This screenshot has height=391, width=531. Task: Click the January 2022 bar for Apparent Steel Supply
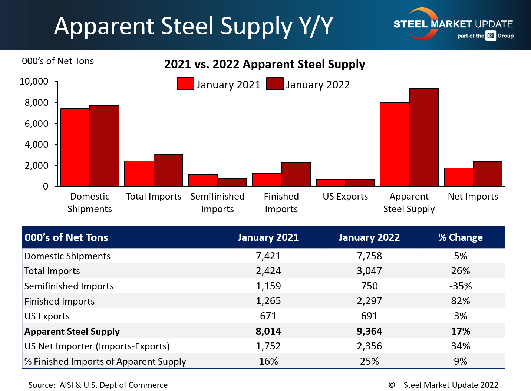pyautogui.click(x=424, y=137)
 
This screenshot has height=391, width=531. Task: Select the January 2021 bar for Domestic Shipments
pyautogui.click(x=75, y=147)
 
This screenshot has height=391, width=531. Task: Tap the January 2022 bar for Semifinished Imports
pyautogui.click(x=232, y=183)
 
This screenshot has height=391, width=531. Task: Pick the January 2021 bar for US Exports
pyautogui.click(x=330, y=183)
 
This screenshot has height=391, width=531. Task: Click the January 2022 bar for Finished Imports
pyautogui.click(x=296, y=174)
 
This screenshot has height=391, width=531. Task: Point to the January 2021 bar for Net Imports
pyautogui.click(x=458, y=177)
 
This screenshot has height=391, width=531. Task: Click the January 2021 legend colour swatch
pyautogui.click(x=185, y=84)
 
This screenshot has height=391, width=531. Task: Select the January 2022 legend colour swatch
pyautogui.click(x=275, y=84)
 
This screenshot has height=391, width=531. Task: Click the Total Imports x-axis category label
pyautogui.click(x=154, y=197)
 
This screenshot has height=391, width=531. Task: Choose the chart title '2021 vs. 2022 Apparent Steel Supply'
pyautogui.click(x=265, y=64)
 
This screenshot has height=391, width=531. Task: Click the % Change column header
pyautogui.click(x=461, y=237)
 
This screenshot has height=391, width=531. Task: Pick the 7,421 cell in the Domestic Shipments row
pyautogui.click(x=268, y=256)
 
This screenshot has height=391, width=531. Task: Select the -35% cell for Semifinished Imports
pyautogui.click(x=461, y=286)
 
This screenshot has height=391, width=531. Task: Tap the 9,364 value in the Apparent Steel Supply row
pyautogui.click(x=369, y=331)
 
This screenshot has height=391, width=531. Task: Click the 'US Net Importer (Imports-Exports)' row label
pyautogui.click(x=97, y=346)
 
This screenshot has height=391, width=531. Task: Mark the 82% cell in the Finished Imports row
pyautogui.click(x=461, y=301)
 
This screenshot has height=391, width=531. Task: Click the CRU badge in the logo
pyautogui.click(x=491, y=36)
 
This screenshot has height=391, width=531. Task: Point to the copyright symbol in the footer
pyautogui.click(x=392, y=385)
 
